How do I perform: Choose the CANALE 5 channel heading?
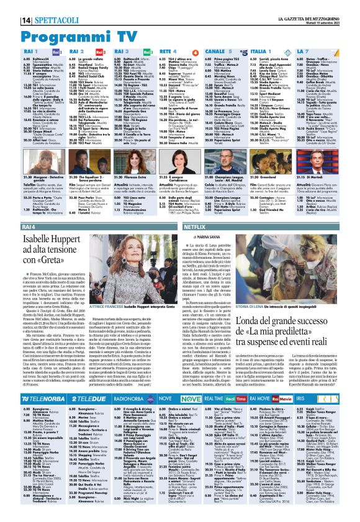click(239, 51)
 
